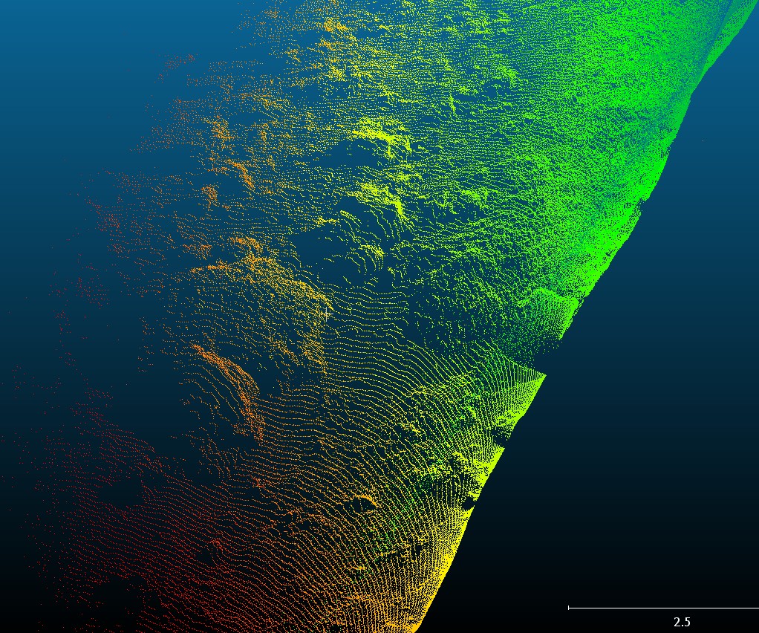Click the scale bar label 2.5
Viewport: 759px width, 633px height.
click(x=683, y=622)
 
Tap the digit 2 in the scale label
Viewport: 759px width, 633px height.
click(x=677, y=622)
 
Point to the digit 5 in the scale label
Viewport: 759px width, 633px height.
click(x=688, y=622)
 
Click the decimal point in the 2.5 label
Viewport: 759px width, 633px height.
click(x=683, y=625)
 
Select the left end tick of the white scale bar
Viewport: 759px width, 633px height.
click(x=569, y=608)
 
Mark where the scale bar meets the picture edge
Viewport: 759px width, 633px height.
click(x=758, y=608)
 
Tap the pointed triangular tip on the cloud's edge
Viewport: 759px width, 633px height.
click(x=544, y=375)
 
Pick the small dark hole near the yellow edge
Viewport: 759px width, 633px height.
click(x=468, y=505)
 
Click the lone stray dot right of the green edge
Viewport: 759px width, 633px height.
click(x=702, y=140)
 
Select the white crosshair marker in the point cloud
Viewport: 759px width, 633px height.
click(x=325, y=314)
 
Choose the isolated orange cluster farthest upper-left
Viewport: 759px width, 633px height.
click(x=178, y=59)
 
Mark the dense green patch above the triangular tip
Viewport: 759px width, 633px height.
click(x=550, y=305)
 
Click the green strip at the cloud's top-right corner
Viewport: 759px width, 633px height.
click(x=735, y=22)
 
